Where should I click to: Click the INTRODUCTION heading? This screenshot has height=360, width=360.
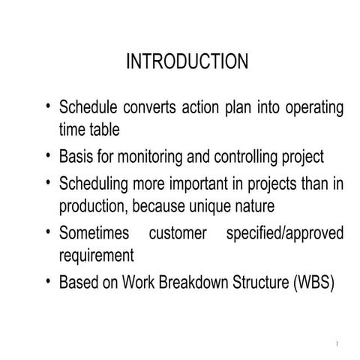[x=187, y=61]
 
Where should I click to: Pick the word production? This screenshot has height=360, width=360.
[x=93, y=205]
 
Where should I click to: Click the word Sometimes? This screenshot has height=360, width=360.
[x=93, y=233]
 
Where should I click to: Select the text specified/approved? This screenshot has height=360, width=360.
[x=285, y=233]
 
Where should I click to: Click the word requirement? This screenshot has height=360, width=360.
[x=96, y=255]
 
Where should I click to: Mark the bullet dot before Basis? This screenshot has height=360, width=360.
[x=49, y=156]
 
